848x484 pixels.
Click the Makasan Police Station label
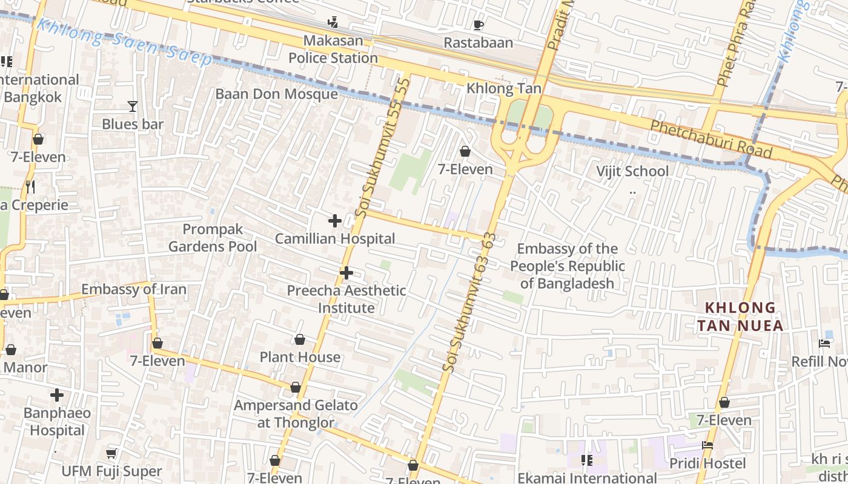333,50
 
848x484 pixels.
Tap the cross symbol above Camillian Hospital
334,221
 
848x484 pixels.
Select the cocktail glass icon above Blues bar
133,107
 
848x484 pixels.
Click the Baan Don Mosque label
276,94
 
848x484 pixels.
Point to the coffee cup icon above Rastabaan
478,25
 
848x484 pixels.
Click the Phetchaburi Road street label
711,139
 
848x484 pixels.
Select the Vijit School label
632,171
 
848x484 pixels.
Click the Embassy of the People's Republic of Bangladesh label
568,266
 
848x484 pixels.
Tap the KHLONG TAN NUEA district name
740,316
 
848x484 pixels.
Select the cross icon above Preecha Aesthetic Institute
346,273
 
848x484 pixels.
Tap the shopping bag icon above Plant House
299,339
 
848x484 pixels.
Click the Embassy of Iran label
134,289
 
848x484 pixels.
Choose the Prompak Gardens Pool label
213,238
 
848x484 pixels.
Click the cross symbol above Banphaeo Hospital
57,396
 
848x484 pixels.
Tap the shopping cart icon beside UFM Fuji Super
111,453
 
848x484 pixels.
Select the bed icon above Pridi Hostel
707,446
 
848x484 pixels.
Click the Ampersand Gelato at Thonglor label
296,414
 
